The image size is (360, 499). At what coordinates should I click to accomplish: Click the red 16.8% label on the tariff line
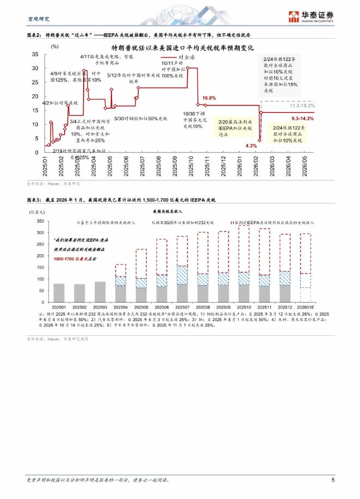(x=209, y=98)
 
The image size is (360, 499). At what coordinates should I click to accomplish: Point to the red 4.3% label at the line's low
(x=251, y=146)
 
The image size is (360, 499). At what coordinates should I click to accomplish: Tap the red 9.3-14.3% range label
(x=303, y=118)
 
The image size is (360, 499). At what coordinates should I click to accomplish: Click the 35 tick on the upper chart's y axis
(x=35, y=54)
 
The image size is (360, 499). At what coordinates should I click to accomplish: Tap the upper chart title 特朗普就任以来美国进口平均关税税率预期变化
(x=182, y=48)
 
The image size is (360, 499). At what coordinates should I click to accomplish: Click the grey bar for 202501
(x=59, y=293)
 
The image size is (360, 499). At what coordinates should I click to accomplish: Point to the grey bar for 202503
(x=100, y=292)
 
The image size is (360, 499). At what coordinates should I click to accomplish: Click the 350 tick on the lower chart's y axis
(x=41, y=221)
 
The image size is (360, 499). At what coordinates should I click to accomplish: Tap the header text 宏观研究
(x=38, y=19)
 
